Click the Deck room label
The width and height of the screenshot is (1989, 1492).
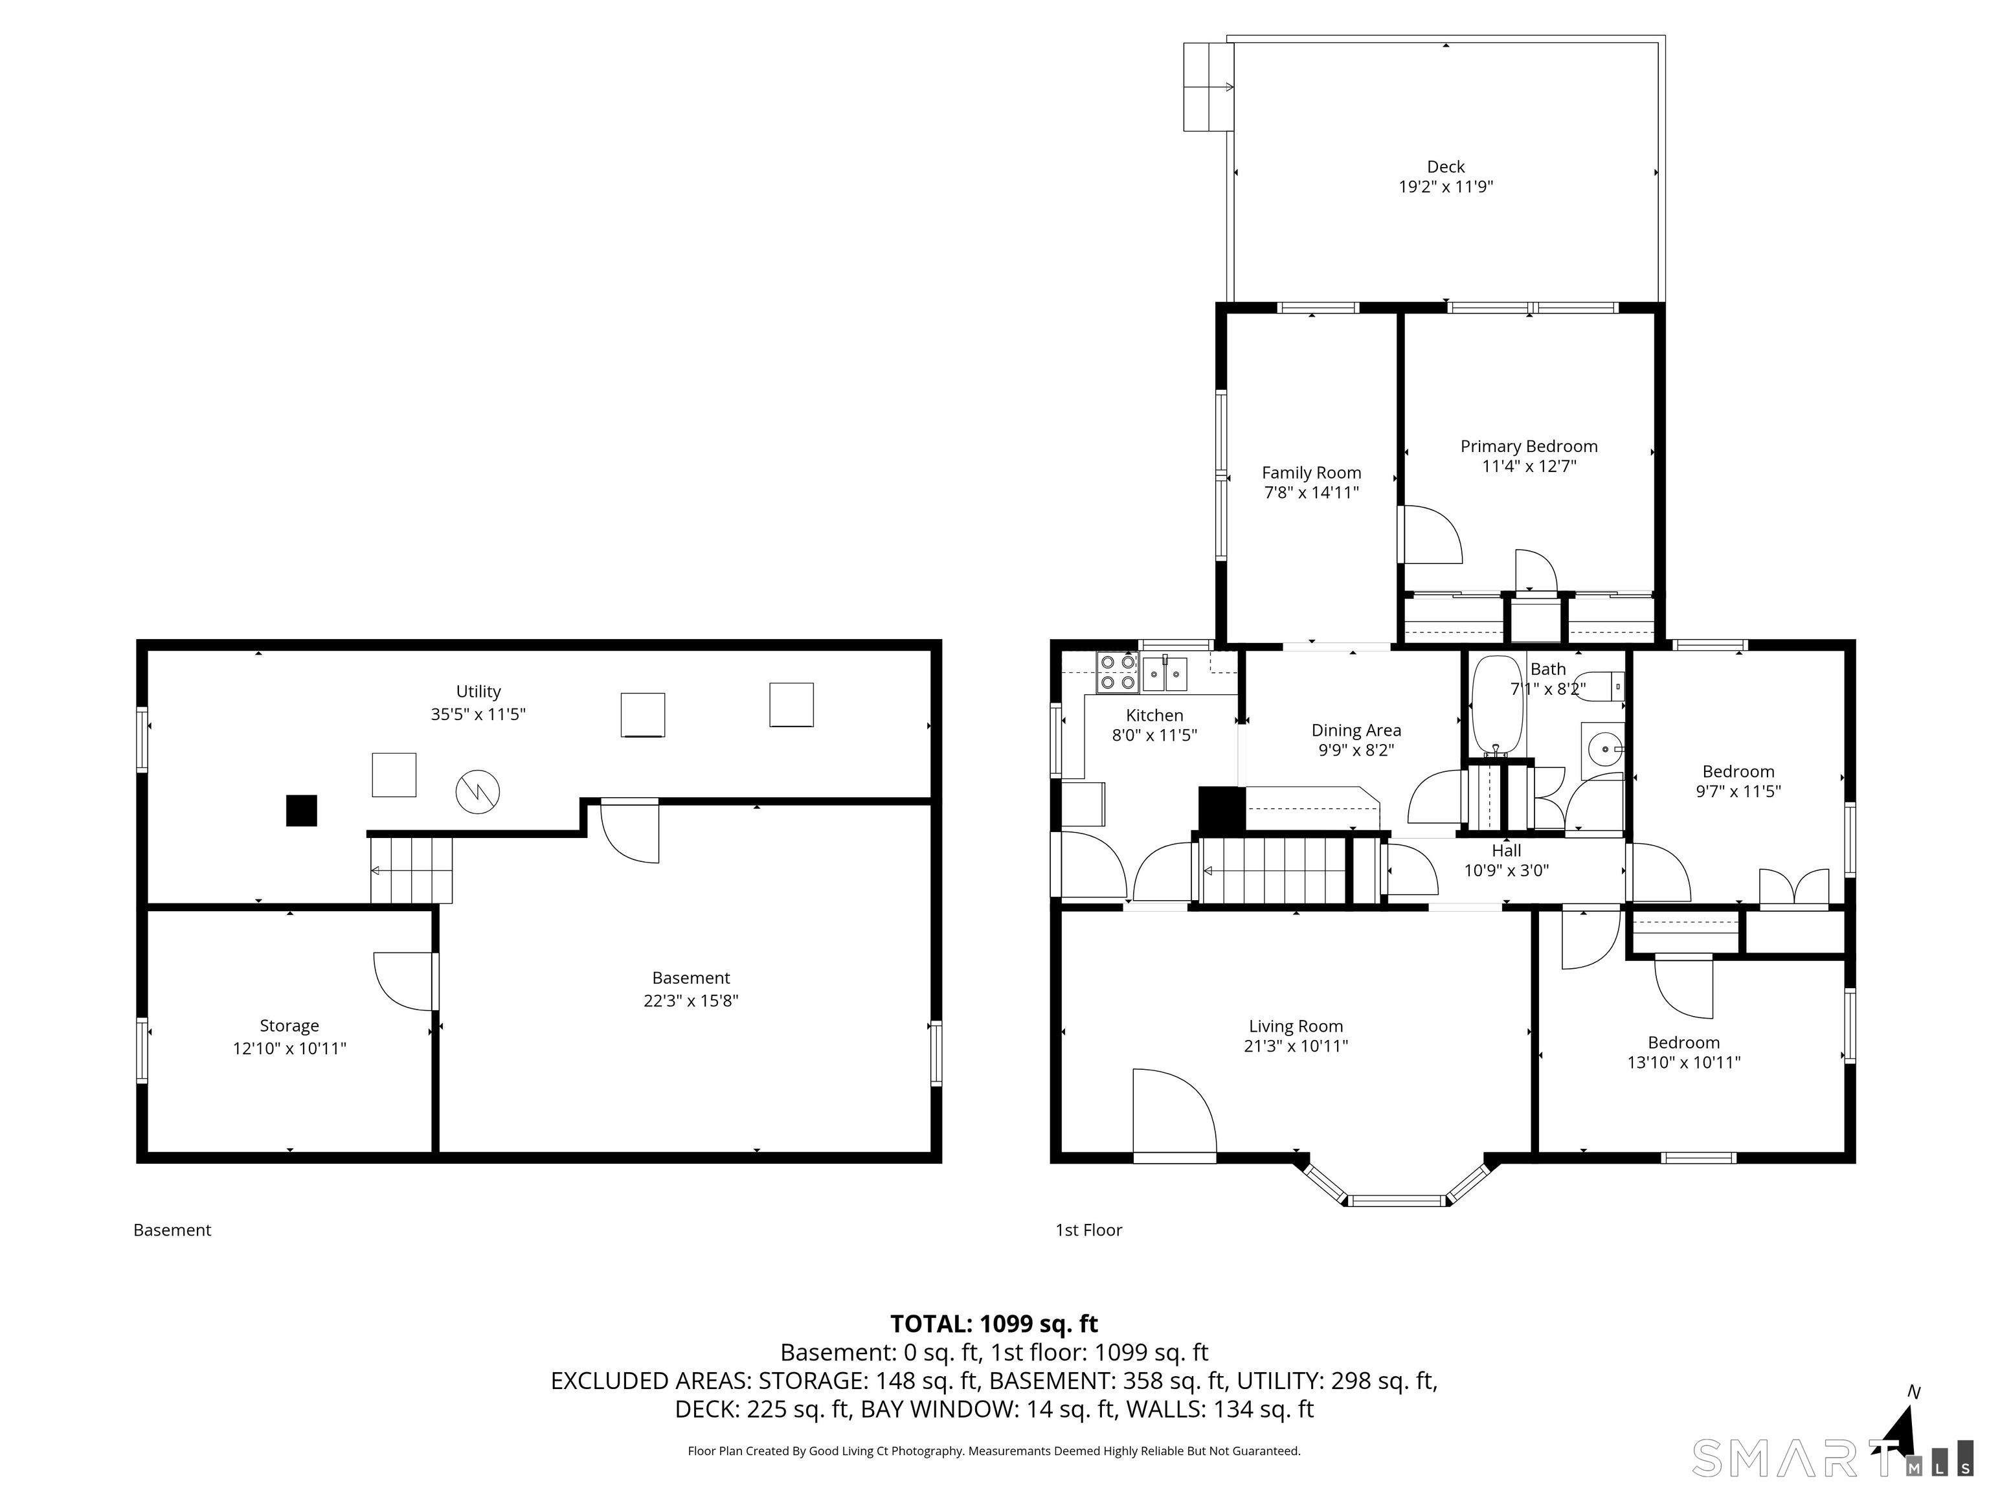(1445, 166)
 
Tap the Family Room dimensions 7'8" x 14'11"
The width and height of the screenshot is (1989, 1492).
(1311, 493)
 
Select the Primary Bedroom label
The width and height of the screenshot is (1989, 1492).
(1529, 446)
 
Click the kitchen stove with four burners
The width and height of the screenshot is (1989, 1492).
(1118, 673)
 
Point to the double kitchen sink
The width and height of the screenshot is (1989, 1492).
(1165, 673)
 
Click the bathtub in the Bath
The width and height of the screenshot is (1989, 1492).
(1496, 704)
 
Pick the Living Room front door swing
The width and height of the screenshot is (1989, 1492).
(1174, 1112)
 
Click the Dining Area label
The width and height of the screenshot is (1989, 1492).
(1356, 730)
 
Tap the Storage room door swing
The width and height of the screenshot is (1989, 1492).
(405, 981)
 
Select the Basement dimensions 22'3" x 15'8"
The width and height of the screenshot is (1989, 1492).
(691, 1000)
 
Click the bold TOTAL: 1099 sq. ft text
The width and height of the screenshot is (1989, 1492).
(994, 1324)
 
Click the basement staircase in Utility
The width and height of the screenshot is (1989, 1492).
(411, 870)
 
